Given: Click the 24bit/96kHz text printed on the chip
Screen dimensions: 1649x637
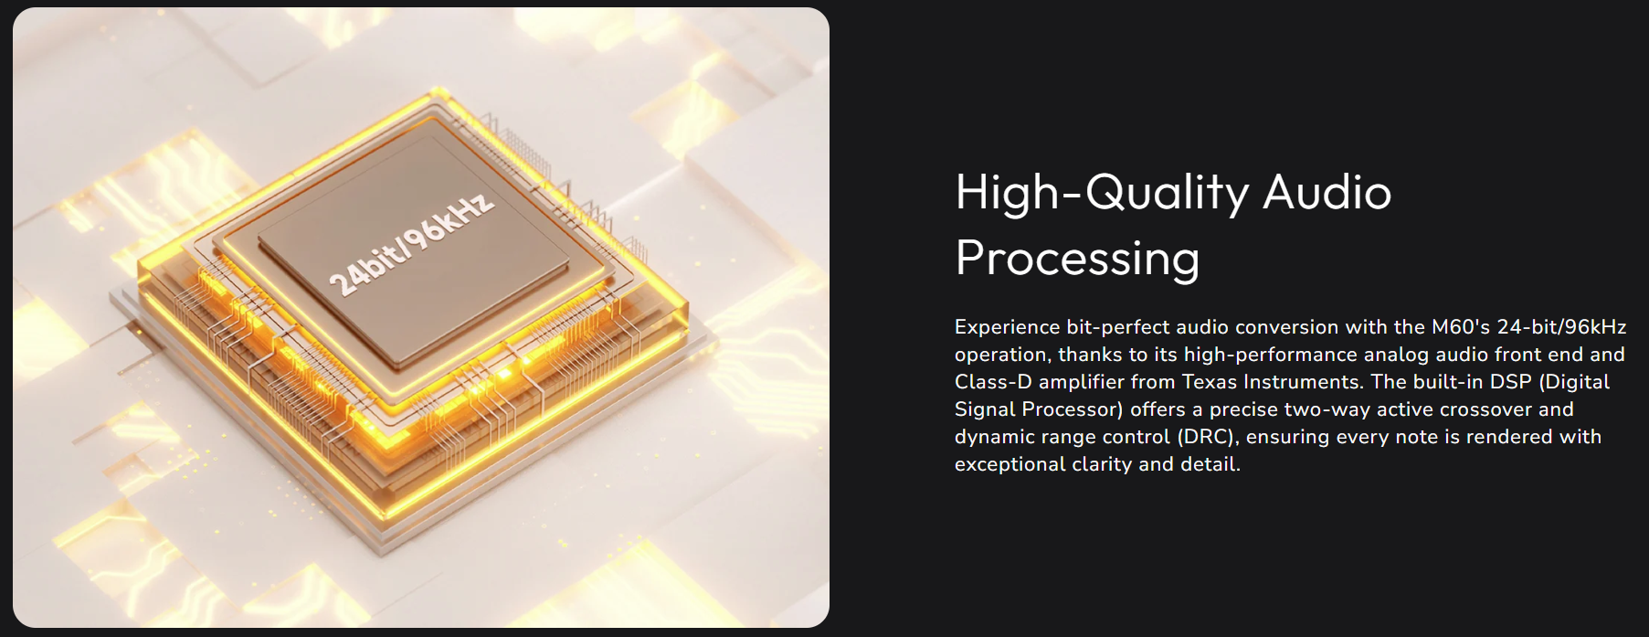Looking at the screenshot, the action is coord(412,243).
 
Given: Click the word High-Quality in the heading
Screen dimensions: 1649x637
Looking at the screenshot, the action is coord(1102,194).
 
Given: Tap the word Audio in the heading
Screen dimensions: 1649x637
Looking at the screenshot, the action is coord(1327,192).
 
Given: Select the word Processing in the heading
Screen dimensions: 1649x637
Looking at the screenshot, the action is coord(1077,260).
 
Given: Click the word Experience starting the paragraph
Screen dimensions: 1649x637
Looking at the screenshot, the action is coord(1007,327).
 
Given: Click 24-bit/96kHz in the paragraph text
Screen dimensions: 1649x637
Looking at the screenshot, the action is coord(1561,326).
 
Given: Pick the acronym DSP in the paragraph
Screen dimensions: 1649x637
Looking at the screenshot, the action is coord(1510,381).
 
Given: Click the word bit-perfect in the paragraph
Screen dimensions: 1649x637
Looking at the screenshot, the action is coord(1118,327).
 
